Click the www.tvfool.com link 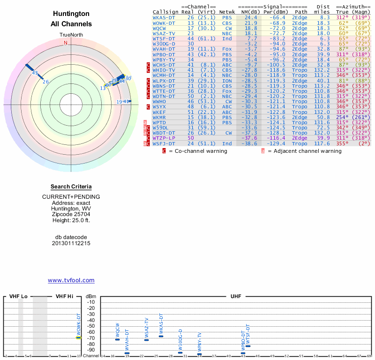pyautogui.click(x=71, y=280)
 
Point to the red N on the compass pyautogui.click(x=66, y=43)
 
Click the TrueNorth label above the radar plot pyautogui.click(x=71, y=35)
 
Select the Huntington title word pyautogui.click(x=71, y=14)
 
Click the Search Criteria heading pyautogui.click(x=71, y=187)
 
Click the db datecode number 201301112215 pyautogui.click(x=71, y=243)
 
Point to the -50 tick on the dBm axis pyautogui.click(x=90, y=326)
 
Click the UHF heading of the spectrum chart pyautogui.click(x=236, y=297)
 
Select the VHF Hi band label pyautogui.click(x=65, y=297)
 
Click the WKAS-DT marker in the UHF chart pyautogui.click(x=161, y=336)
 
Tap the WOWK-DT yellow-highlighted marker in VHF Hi pyautogui.click(x=79, y=337)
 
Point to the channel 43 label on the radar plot pyautogui.click(x=35, y=73)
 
